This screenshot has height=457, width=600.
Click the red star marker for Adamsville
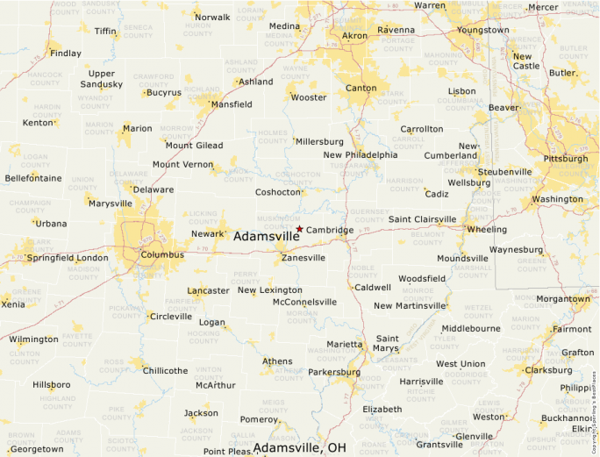299,229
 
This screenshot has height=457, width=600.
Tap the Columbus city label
162,255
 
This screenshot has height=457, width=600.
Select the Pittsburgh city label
566,159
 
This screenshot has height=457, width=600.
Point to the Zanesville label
304,258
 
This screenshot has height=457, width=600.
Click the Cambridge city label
330,231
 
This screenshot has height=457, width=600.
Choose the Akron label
355,36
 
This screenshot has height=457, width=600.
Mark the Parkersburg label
334,373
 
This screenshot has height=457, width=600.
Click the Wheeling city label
488,230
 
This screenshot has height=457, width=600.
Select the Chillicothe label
165,371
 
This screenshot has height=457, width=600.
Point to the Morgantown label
563,299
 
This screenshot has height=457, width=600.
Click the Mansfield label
232,104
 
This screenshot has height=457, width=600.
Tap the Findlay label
66,54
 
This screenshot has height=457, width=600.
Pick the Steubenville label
504,172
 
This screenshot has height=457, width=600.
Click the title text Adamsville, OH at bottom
300,448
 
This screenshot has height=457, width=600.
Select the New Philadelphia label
361,155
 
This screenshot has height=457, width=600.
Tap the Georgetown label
37,449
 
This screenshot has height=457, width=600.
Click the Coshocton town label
278,192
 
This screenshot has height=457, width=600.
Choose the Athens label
278,361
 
